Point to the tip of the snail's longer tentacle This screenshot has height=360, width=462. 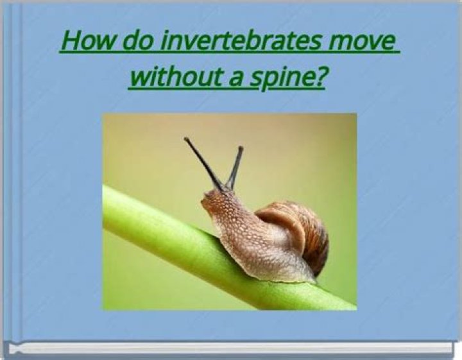[186, 139]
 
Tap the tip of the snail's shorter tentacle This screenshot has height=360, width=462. [241, 149]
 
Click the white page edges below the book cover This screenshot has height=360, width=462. [231, 348]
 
